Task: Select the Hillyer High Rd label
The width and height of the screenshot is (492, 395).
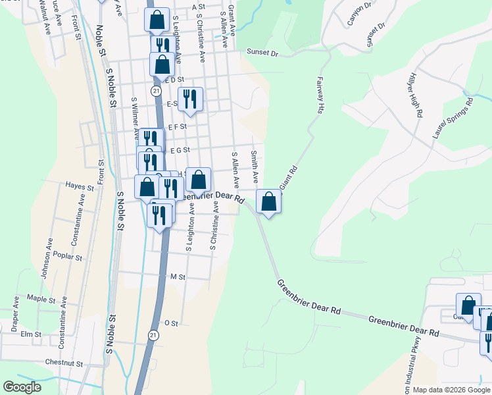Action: point(416,96)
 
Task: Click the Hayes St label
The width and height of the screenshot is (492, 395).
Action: point(81,187)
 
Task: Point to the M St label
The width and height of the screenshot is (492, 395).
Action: point(178,277)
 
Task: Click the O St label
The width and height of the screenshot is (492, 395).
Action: point(171,323)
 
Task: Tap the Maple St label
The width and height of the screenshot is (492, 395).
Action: point(41,299)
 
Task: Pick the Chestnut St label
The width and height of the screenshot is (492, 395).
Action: point(64,363)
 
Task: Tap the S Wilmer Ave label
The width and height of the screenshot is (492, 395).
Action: point(135,118)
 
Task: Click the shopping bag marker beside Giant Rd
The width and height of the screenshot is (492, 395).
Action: point(268,201)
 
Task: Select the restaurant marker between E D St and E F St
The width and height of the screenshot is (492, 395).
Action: point(190,99)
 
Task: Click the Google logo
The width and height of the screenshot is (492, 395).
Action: point(22,387)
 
